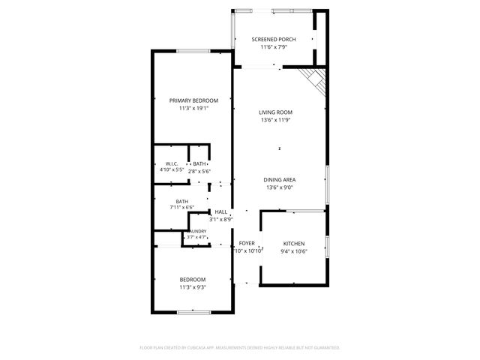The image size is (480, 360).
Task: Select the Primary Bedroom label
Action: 193,100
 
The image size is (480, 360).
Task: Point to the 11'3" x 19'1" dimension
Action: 193,109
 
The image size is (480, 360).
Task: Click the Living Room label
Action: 277,112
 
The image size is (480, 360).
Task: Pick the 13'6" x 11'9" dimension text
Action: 277,120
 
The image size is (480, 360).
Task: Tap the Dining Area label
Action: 278,179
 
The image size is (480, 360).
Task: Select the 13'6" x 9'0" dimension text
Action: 278,187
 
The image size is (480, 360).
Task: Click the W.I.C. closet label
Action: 171,163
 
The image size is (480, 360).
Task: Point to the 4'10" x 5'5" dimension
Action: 172,171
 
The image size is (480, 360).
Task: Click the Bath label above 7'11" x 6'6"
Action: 182,200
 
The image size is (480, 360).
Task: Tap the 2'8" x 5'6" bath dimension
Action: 199,171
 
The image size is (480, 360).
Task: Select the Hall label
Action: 221,211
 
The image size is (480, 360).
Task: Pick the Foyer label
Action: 247,243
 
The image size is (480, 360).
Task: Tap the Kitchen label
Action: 293,243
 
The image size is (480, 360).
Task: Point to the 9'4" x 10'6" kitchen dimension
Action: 294,251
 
